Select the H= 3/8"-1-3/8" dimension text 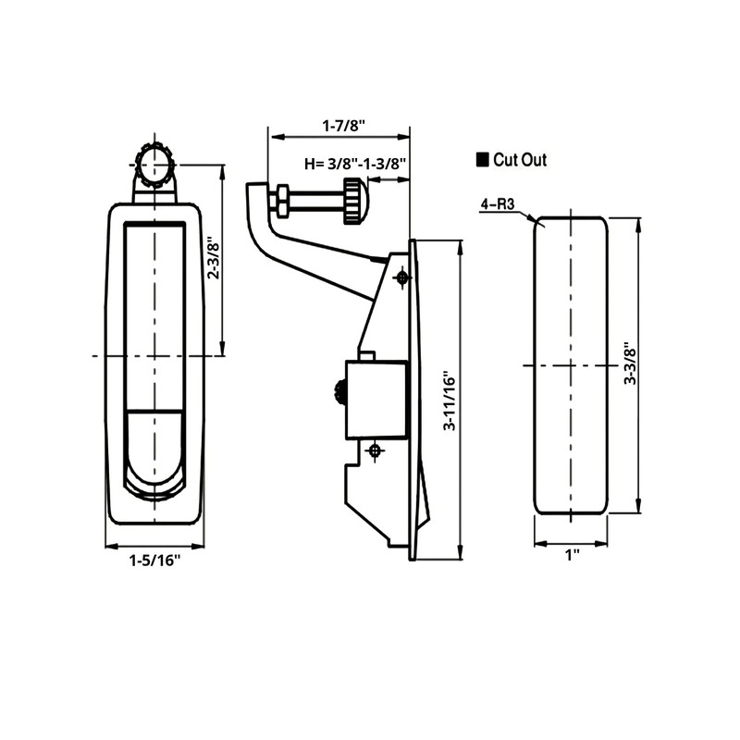pyautogui.click(x=357, y=164)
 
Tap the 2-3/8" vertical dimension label pyautogui.click(x=212, y=260)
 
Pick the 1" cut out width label pyautogui.click(x=572, y=555)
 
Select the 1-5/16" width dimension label pyautogui.click(x=154, y=560)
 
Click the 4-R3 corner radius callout pyautogui.click(x=499, y=204)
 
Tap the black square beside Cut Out pyautogui.click(x=481, y=160)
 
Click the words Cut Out pyautogui.click(x=519, y=160)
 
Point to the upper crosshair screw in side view pyautogui.click(x=402, y=277)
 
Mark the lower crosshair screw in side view pyautogui.click(x=375, y=450)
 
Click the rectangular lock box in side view pyautogui.click(x=376, y=399)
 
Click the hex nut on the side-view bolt pyautogui.click(x=280, y=199)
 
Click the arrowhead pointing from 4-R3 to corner pyautogui.click(x=536, y=220)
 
